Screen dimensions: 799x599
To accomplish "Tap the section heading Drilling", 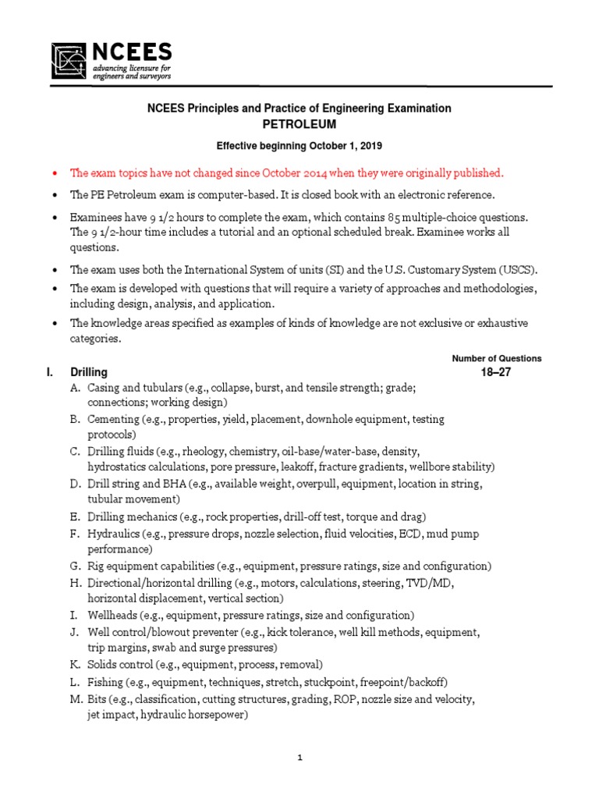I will pyautogui.click(x=89, y=372).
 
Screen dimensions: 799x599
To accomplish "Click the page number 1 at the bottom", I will pyautogui.click(x=299, y=757).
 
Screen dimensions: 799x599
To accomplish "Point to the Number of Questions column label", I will pyautogui.click(x=497, y=358).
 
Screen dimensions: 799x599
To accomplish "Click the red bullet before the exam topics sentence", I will pyautogui.click(x=54, y=173).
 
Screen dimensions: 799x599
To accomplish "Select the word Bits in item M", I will pyautogui.click(x=98, y=700).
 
